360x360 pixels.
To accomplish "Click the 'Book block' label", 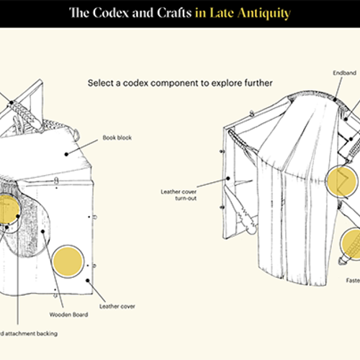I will coord(117,136).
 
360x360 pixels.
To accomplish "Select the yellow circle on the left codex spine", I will coord(9,210).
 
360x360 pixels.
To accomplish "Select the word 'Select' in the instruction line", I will coord(101,84).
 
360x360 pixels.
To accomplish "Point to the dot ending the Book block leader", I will coord(67,152).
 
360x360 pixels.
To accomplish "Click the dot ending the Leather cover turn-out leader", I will coord(228,177).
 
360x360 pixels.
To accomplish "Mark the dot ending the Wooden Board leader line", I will coord(44,231).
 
